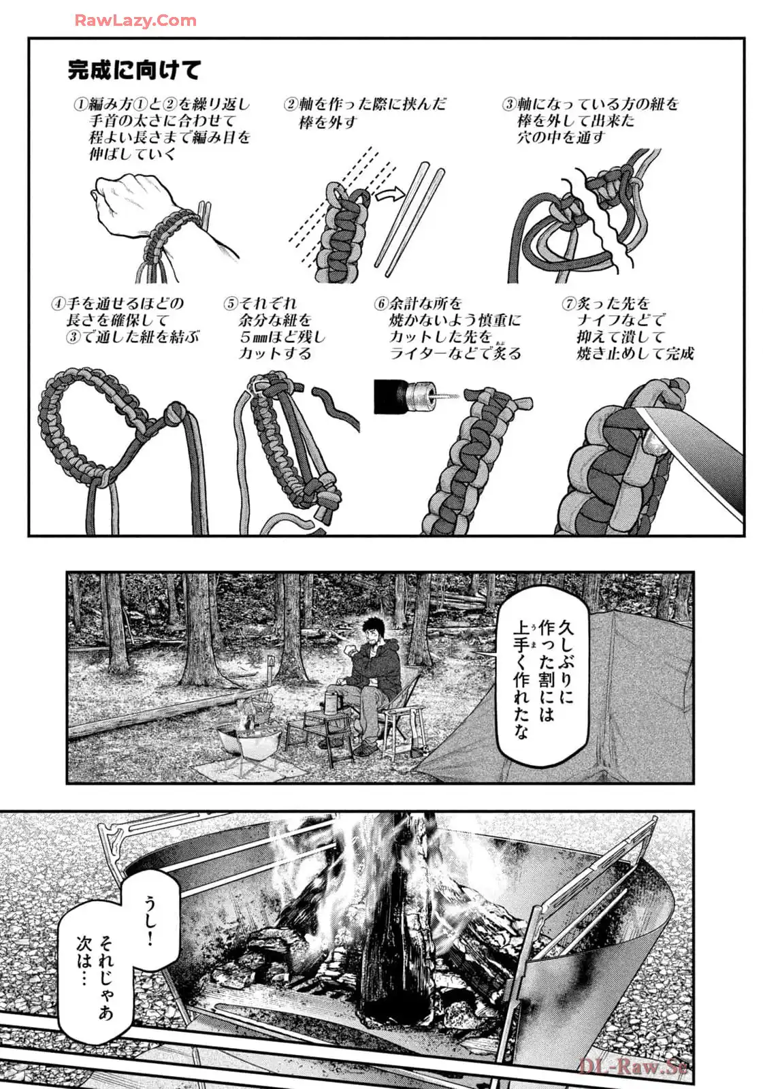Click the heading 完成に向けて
point(134,70)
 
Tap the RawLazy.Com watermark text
point(135,20)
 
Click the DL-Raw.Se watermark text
point(634,1067)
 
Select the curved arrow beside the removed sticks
point(390,195)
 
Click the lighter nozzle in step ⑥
point(420,397)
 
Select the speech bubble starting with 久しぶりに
point(542,677)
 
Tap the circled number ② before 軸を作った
point(291,105)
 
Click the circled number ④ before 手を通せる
point(58,304)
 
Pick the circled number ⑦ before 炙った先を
point(568,304)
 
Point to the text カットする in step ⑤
point(275,353)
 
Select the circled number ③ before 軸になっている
point(509,105)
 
